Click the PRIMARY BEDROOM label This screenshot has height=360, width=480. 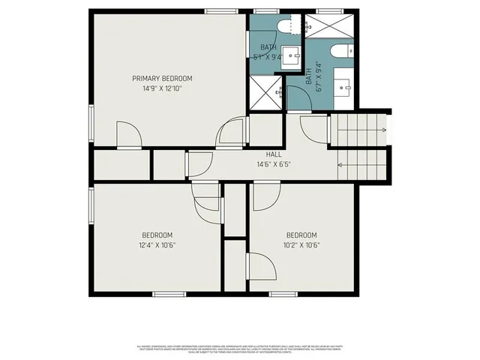click(162, 78)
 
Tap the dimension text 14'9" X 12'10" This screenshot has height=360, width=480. click(162, 88)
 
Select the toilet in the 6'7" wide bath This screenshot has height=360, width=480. click(337, 54)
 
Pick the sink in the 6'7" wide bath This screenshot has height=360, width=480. click(346, 86)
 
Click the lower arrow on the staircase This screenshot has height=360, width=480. click(361, 165)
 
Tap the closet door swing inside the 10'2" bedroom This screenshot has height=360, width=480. click(259, 266)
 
